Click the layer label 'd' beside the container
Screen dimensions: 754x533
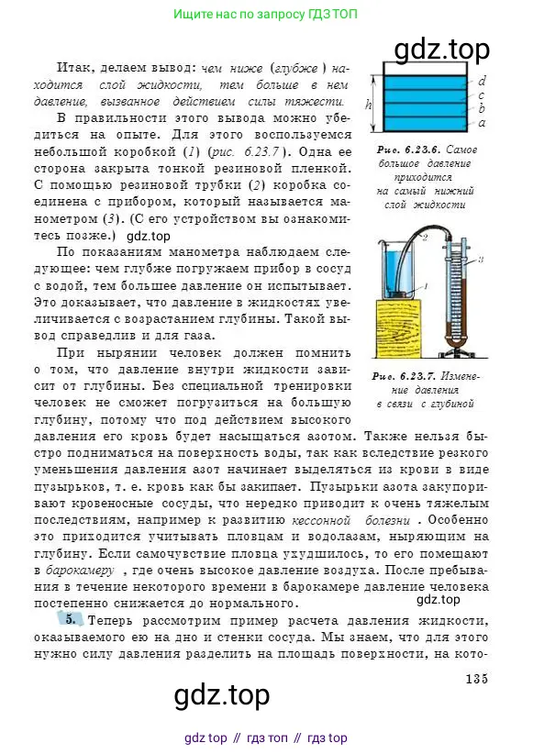[x=483, y=81]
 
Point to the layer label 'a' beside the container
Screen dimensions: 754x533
[x=483, y=122]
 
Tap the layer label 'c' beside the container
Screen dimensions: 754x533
[x=483, y=94]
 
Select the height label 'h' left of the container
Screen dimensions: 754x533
[x=369, y=105]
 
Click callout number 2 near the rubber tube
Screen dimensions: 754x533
[x=426, y=237]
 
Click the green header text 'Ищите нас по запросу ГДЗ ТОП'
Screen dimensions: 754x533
[x=266, y=15]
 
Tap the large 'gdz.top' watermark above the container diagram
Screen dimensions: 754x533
[x=441, y=48]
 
